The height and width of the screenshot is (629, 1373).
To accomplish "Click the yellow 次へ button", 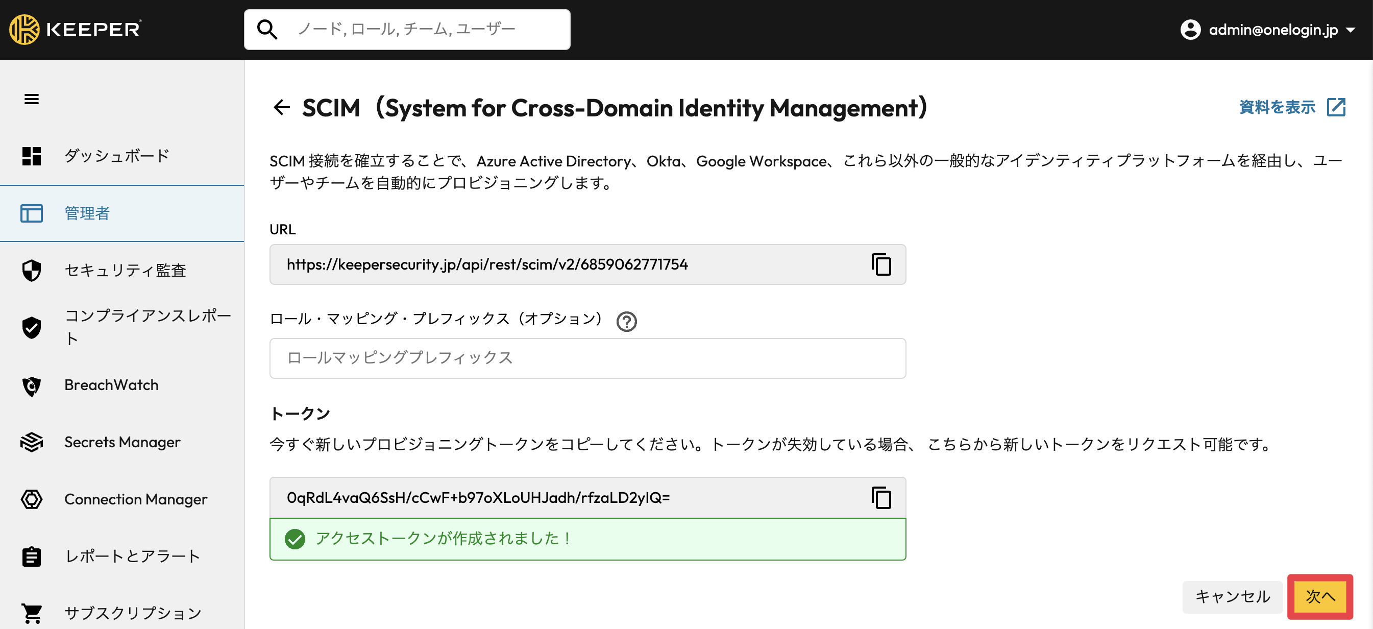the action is (1320, 596).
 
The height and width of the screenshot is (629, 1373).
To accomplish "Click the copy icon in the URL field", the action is (881, 264).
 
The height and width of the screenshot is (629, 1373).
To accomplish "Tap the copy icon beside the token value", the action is (881, 497).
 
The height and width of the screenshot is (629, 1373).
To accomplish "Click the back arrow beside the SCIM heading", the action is (281, 108).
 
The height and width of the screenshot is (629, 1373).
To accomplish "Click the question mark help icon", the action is (626, 322).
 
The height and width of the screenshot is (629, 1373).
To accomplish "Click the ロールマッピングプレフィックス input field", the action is (587, 358).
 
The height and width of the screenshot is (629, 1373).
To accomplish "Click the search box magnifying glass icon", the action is (267, 29).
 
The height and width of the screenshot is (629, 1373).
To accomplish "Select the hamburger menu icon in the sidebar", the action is (32, 99).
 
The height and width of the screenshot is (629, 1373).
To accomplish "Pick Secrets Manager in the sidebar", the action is (122, 442).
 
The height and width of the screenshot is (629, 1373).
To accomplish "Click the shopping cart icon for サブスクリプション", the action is (32, 614).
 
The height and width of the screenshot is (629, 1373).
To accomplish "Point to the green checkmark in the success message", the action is (295, 539).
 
